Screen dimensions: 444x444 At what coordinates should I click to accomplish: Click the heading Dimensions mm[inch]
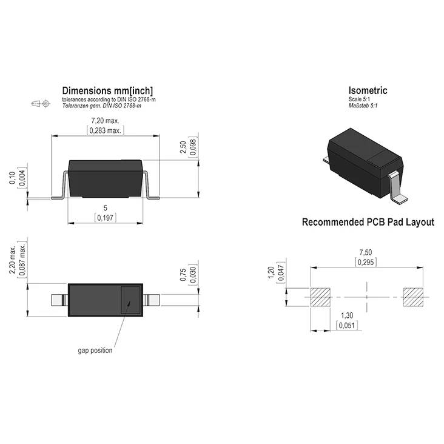point(107,91)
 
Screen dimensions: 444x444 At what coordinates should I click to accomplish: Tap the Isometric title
point(368,90)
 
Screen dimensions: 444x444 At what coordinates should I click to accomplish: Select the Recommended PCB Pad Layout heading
point(368,222)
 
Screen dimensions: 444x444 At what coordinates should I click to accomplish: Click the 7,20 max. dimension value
point(105,121)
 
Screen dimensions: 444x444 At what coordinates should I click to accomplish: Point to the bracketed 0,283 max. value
point(105,130)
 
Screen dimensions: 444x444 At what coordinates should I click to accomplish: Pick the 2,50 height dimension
point(183,147)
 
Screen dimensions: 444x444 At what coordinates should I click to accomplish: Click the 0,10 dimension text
point(12,178)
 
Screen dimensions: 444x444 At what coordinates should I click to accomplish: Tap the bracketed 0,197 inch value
point(105,218)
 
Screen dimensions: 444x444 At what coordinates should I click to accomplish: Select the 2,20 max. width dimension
point(12,260)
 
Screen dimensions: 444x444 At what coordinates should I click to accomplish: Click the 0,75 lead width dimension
point(183,275)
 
